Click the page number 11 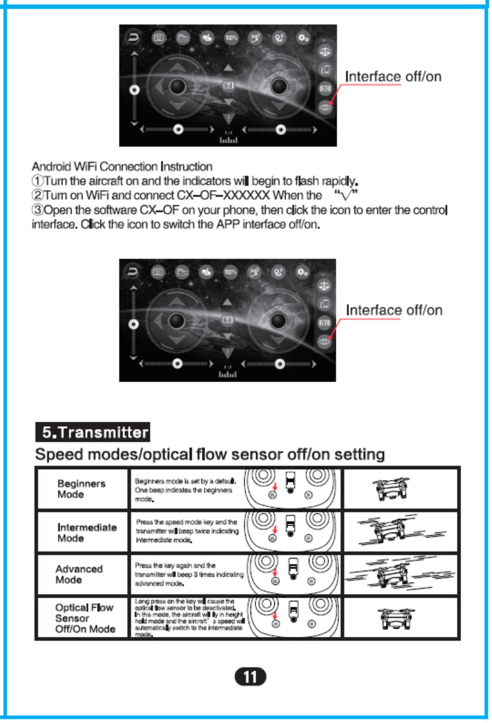(x=249, y=676)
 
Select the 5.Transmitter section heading (x=92, y=433)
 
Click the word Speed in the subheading (x=60, y=454)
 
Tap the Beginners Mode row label (x=81, y=489)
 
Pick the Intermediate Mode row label (x=87, y=532)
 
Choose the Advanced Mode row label (x=79, y=574)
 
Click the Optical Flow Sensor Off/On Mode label (x=85, y=618)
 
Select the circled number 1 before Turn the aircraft (x=37, y=181)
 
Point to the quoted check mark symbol (x=346, y=195)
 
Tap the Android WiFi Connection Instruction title (x=122, y=166)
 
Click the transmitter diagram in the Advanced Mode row (x=292, y=574)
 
